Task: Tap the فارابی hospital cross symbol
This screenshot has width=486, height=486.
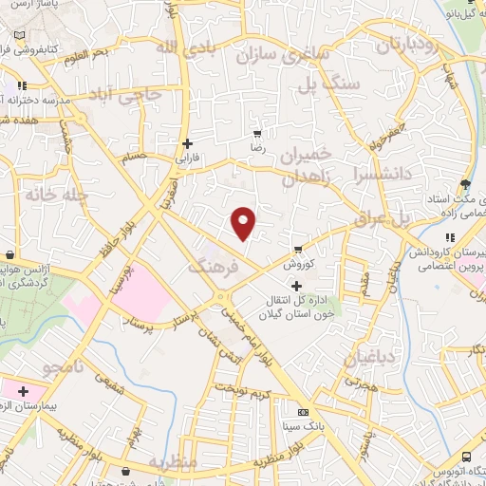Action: coord(187,143)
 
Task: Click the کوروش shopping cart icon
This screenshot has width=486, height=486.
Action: coord(299,250)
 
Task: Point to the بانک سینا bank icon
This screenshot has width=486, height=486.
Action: coord(303,412)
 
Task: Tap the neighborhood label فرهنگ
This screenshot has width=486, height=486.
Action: coord(210,268)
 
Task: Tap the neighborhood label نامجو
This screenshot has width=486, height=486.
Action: coord(67,365)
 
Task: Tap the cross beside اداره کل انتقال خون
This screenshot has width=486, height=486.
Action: coord(296,286)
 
